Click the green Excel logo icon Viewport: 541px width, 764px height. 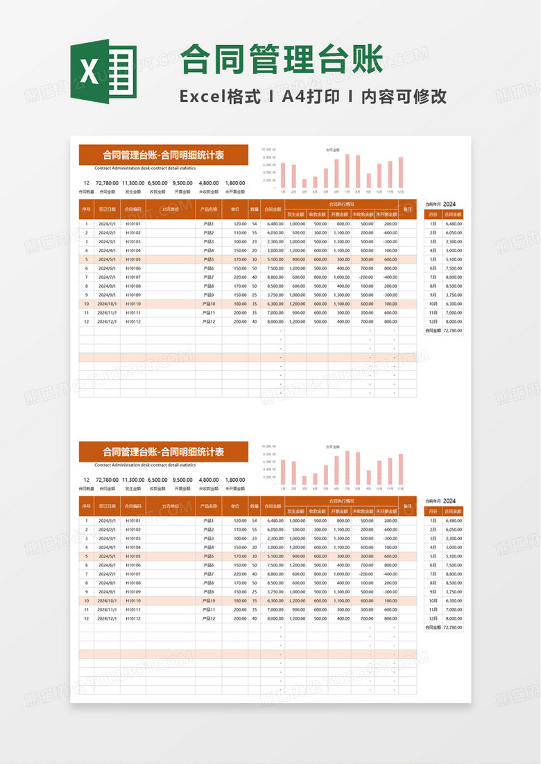pos(103,71)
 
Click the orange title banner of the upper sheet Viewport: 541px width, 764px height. pos(164,155)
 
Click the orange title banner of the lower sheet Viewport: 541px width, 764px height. pos(164,452)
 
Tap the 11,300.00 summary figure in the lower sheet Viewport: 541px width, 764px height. pos(133,480)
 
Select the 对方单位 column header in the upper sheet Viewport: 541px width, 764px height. pos(171,208)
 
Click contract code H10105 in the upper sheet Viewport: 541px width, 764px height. pos(133,259)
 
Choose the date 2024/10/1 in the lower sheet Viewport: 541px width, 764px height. pos(107,600)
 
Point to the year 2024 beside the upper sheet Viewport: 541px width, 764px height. pos(449,204)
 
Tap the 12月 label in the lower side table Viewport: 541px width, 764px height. pos(433,618)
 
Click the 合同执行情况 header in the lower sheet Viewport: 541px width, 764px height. pos(341,501)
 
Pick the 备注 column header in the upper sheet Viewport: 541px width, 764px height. pos(408,208)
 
